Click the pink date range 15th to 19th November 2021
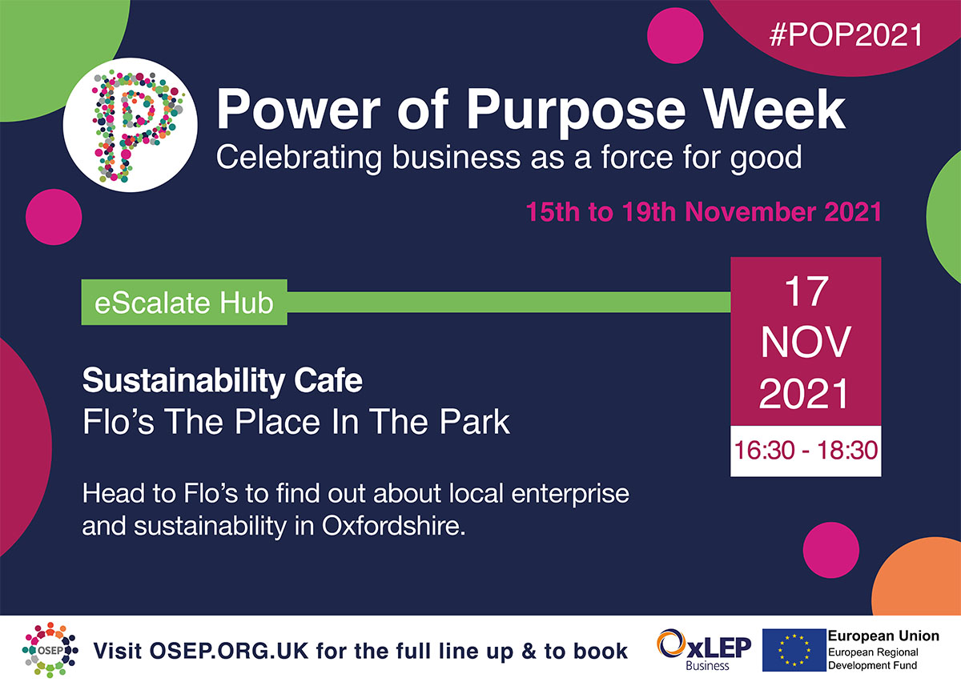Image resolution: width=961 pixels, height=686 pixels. tap(703, 212)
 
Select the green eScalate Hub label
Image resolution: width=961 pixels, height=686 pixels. tap(184, 303)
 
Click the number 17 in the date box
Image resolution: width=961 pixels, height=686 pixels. tap(805, 292)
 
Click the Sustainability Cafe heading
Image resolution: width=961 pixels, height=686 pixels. tap(223, 381)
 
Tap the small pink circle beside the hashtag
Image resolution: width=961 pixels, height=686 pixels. tap(674, 36)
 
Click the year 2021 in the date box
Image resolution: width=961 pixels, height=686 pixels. tap(805, 395)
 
